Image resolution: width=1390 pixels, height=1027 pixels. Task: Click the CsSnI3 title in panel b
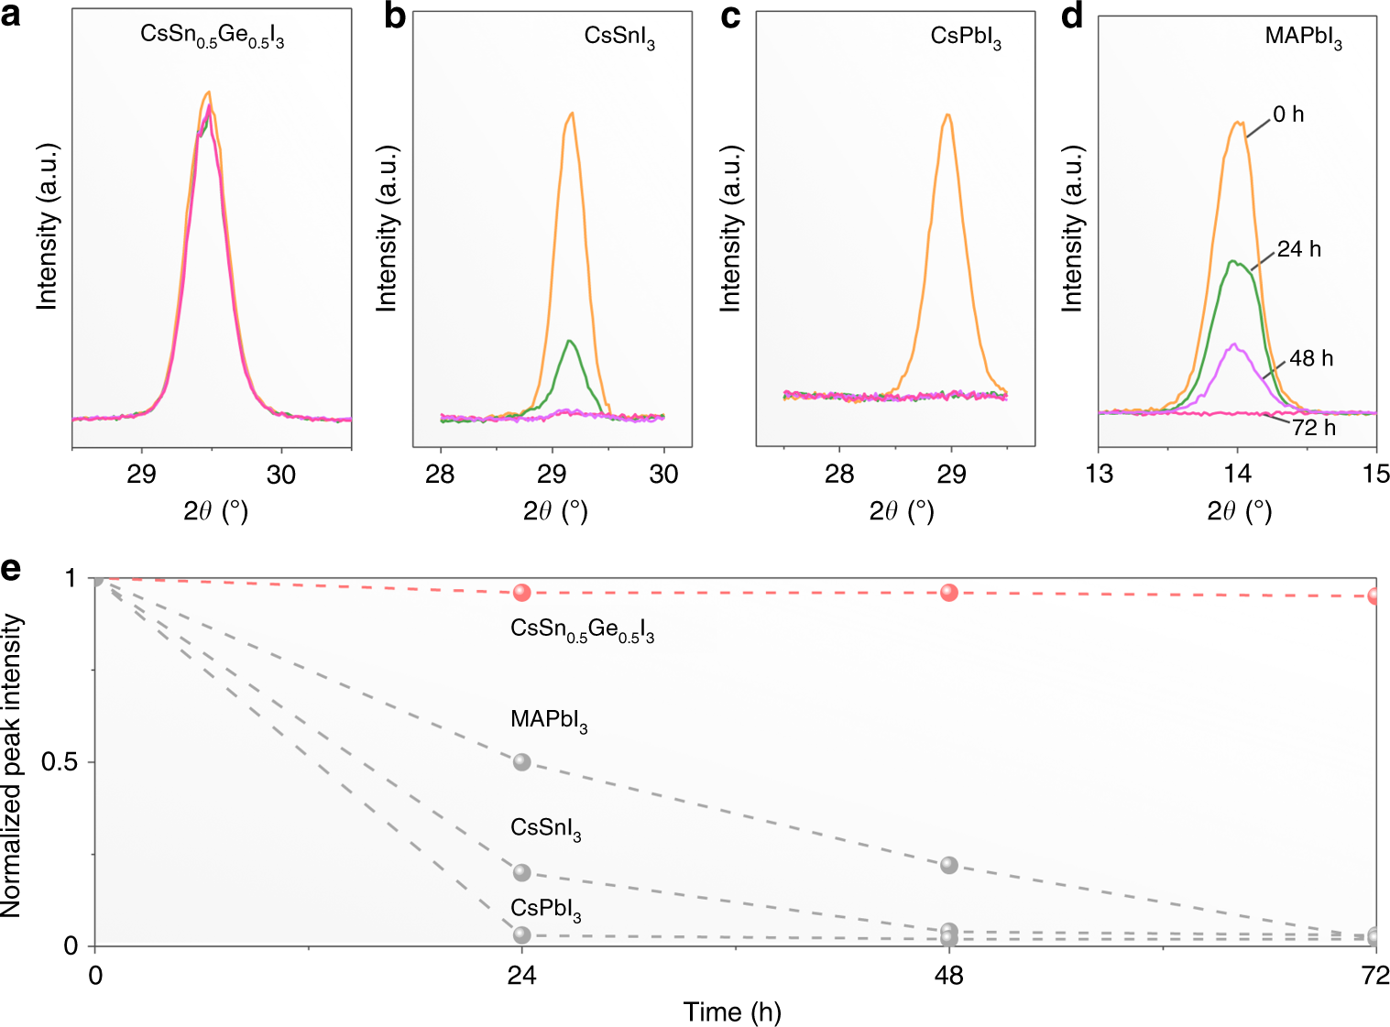619,38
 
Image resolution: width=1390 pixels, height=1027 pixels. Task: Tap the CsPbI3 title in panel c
966,38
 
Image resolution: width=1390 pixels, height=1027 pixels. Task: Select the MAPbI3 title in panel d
1303,38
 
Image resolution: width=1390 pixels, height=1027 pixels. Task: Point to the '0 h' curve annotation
1288,115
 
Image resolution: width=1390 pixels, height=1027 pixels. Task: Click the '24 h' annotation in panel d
1298,249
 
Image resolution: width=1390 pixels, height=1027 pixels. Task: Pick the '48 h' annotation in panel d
1310,358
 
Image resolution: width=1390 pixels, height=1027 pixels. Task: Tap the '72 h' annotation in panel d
1313,428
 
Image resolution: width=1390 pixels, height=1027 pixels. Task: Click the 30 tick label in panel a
281,475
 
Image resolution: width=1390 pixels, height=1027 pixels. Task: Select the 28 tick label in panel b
441,475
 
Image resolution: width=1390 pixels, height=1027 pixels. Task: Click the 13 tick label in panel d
1099,474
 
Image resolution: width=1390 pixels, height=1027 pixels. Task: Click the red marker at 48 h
949,593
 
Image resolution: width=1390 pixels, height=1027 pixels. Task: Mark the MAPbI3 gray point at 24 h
522,762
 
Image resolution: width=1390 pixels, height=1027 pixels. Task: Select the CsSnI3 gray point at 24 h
522,872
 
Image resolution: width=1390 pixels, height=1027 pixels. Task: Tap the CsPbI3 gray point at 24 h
522,935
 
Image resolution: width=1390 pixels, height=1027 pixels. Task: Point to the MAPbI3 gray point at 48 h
949,865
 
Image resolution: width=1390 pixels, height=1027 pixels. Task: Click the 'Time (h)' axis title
731,1011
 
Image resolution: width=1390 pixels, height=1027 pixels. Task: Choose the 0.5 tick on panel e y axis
60,763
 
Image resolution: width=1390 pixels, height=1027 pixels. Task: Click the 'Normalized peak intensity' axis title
12,765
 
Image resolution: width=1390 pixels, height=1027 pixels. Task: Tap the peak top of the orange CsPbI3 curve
947,115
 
